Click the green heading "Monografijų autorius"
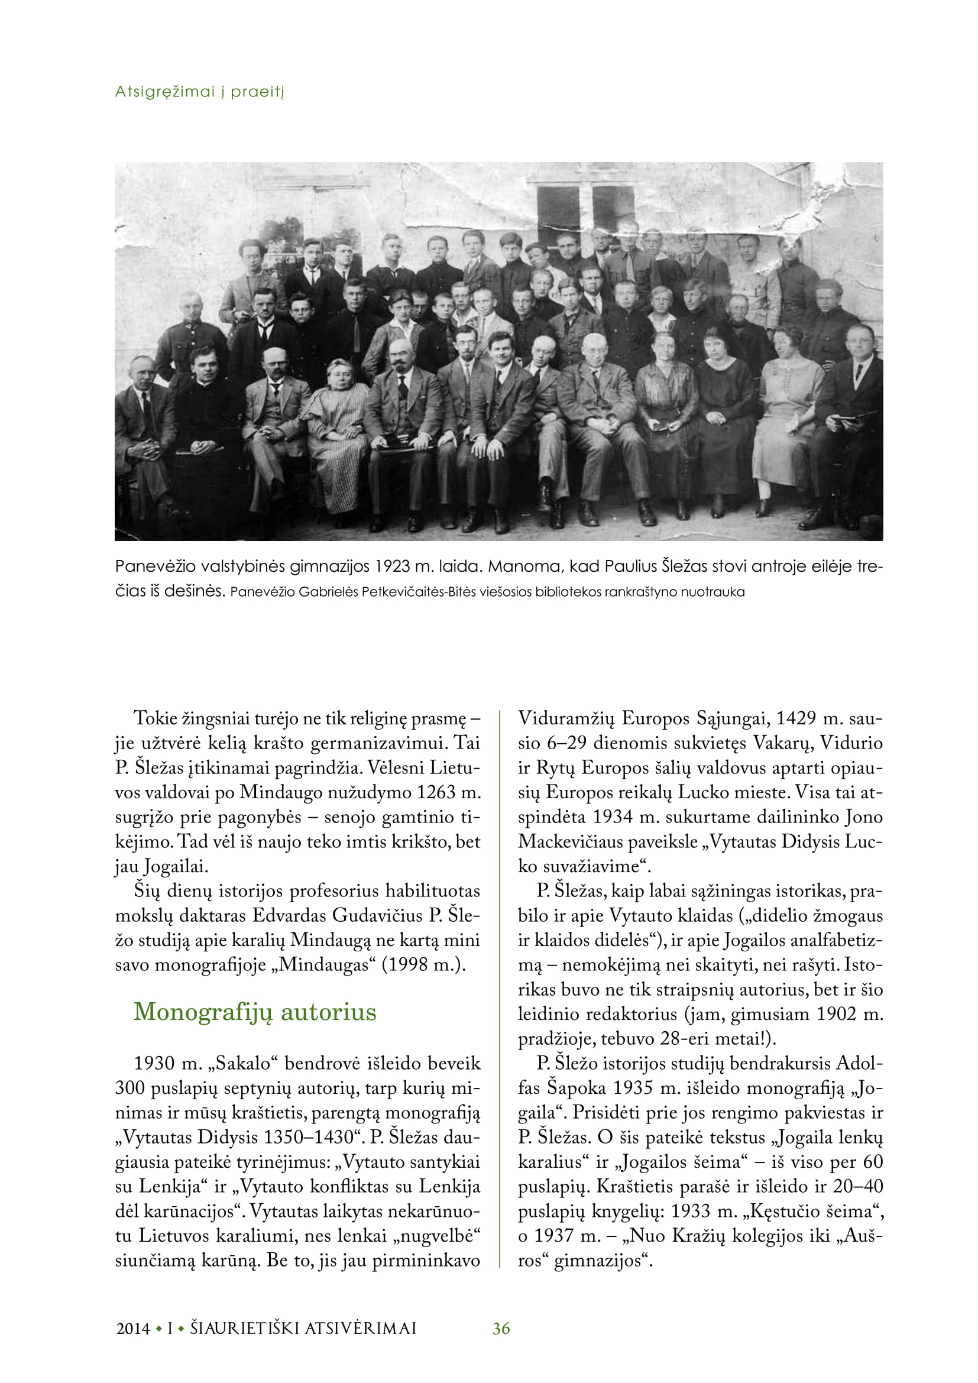pyautogui.click(x=255, y=1012)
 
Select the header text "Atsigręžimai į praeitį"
pyautogui.click(x=199, y=92)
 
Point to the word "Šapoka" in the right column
pyautogui.click(x=577, y=1088)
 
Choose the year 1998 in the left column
pyautogui.click(x=410, y=965)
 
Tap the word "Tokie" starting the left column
pyautogui.click(x=156, y=718)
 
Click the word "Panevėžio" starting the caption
pyautogui.click(x=154, y=567)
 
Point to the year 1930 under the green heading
pyautogui.click(x=154, y=1063)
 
